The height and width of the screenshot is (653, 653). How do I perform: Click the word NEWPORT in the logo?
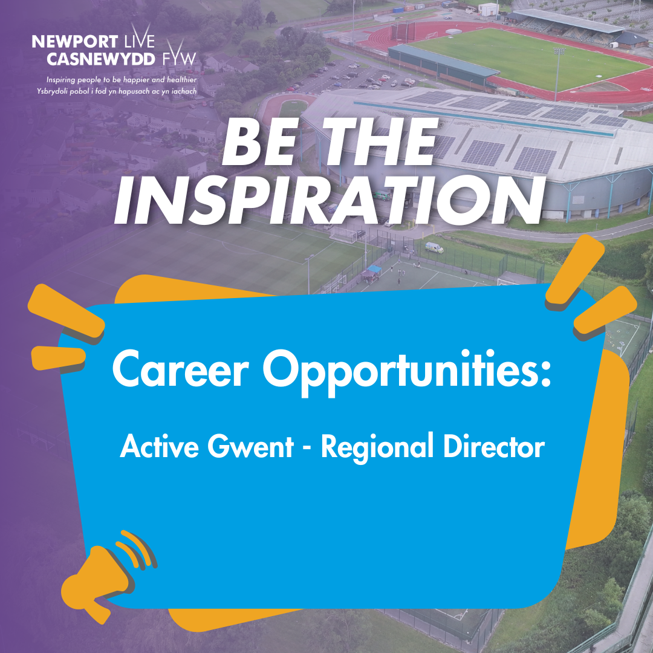[75, 42]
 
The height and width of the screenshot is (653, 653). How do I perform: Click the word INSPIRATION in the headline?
[330, 201]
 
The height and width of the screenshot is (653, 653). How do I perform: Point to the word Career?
[181, 369]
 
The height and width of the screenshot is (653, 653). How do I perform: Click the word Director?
[494, 446]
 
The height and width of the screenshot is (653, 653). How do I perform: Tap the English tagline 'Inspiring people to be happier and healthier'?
[122, 80]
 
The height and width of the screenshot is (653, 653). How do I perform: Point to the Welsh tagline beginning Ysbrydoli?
[117, 91]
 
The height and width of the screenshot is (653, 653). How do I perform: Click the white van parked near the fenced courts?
[434, 248]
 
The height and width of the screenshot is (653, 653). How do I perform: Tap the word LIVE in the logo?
[139, 38]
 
